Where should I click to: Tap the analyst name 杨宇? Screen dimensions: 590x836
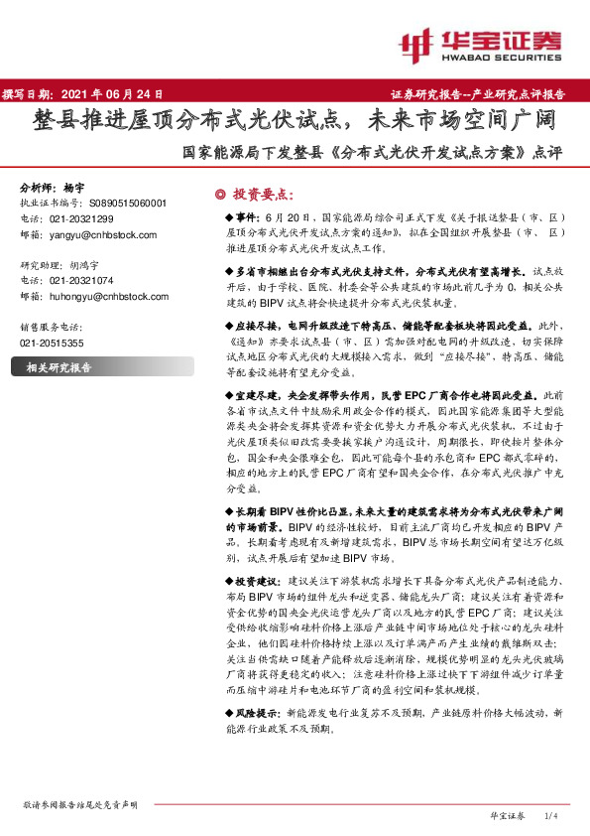click(74, 187)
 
